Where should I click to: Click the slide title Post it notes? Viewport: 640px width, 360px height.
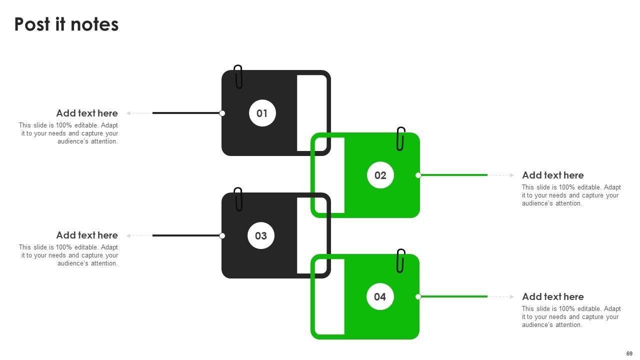point(66,24)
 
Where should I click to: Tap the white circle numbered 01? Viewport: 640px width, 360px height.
point(262,113)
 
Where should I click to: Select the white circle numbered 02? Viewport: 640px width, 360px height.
point(380,175)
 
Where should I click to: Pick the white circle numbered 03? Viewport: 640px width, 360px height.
point(261,235)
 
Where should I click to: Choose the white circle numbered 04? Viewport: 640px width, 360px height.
point(380,296)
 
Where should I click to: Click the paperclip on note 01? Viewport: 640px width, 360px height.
point(238,76)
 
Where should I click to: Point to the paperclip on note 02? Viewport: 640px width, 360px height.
point(400,138)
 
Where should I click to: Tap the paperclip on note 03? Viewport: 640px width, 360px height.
point(238,199)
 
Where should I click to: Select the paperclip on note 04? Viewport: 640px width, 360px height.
point(400,260)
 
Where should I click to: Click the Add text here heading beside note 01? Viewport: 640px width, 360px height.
point(87,113)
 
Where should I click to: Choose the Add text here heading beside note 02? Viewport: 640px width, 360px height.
point(552,175)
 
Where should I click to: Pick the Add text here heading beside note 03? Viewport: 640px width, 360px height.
point(87,235)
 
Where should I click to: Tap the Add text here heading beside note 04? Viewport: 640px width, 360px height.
point(552,296)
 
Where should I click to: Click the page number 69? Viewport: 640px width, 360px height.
point(629,353)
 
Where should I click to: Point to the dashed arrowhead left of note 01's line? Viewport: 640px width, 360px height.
point(129,113)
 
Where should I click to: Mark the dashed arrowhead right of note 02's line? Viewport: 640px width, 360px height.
point(511,175)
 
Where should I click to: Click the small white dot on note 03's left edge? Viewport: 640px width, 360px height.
point(222,235)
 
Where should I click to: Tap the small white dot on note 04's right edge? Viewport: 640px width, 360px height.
point(418,296)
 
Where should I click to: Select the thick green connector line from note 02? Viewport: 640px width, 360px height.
point(452,175)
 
